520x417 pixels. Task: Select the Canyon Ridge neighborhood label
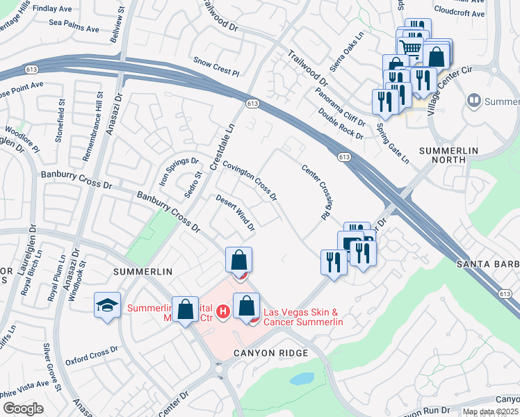[271, 354]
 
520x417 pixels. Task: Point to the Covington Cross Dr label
[249, 177]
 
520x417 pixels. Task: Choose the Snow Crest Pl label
[216, 67]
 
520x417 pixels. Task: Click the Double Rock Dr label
[341, 124]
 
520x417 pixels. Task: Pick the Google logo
[23, 408]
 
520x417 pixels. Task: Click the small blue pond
[302, 379]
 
